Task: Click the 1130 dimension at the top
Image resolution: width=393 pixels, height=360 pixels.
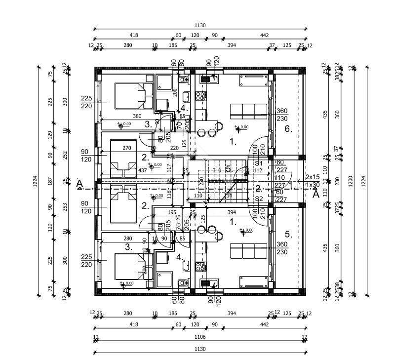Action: point(200,25)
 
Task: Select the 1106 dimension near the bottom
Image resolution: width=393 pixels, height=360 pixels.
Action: point(200,337)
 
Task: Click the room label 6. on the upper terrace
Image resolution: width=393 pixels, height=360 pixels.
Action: point(289,129)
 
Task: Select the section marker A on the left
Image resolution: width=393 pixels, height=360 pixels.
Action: point(79,185)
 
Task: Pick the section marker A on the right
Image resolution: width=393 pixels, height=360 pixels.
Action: point(316,194)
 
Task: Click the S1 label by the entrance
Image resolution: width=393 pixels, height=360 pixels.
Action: point(259,162)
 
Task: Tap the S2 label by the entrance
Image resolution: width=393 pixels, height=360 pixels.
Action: point(259,199)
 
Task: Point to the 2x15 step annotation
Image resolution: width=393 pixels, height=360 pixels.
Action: point(312,176)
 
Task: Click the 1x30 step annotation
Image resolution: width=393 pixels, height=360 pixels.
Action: point(312,185)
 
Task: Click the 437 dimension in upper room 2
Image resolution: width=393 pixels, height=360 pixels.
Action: point(142,170)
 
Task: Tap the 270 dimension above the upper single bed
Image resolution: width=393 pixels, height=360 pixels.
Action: point(126,148)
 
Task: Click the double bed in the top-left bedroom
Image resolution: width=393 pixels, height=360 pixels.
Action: point(134,95)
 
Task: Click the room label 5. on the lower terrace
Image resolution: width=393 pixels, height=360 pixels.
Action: point(289,235)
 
